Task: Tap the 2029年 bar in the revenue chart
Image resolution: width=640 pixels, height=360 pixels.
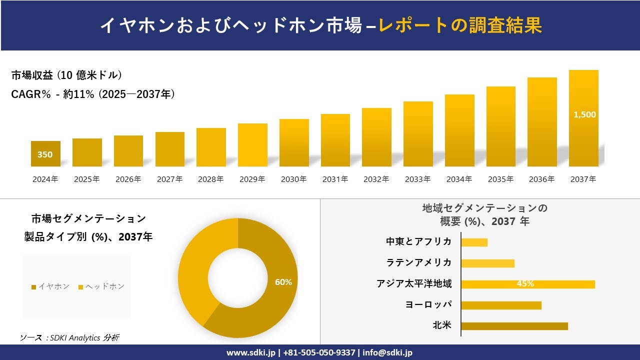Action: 252,145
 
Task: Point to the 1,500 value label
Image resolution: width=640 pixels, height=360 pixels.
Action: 584,114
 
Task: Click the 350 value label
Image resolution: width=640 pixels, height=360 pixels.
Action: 45,154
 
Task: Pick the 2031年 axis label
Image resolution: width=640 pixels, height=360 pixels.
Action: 335,179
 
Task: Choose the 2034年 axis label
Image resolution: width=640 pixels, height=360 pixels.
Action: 459,179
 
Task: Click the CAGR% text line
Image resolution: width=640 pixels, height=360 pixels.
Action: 93,94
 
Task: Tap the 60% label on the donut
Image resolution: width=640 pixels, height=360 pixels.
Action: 283,282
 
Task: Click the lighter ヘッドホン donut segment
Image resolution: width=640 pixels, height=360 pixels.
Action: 192,270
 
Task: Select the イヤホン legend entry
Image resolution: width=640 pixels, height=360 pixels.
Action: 50,286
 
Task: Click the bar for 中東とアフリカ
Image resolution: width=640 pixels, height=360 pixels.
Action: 474,242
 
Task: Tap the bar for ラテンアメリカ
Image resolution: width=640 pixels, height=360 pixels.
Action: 487,263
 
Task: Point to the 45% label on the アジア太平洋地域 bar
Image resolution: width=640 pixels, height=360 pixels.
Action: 525,284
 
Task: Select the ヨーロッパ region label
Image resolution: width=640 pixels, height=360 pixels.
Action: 428,304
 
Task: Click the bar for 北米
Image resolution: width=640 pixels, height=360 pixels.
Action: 514,326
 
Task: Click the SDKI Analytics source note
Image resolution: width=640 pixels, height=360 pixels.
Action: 69,337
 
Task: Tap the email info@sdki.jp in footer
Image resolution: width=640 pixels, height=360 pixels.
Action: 387,352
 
